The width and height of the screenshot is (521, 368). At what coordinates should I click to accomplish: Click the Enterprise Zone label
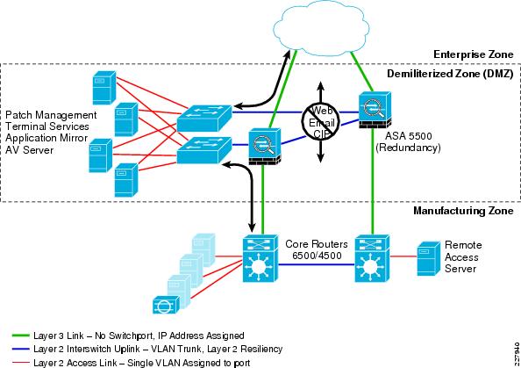[472, 55]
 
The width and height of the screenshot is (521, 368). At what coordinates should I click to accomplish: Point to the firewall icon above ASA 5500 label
[372, 109]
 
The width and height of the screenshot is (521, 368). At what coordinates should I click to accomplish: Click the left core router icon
[260, 261]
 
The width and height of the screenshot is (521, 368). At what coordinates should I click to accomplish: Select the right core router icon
[371, 260]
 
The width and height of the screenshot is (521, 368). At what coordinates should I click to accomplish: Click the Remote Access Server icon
[427, 259]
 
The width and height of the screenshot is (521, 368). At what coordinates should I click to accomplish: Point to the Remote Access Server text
[463, 256]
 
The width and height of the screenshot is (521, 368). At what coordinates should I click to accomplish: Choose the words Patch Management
[48, 115]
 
